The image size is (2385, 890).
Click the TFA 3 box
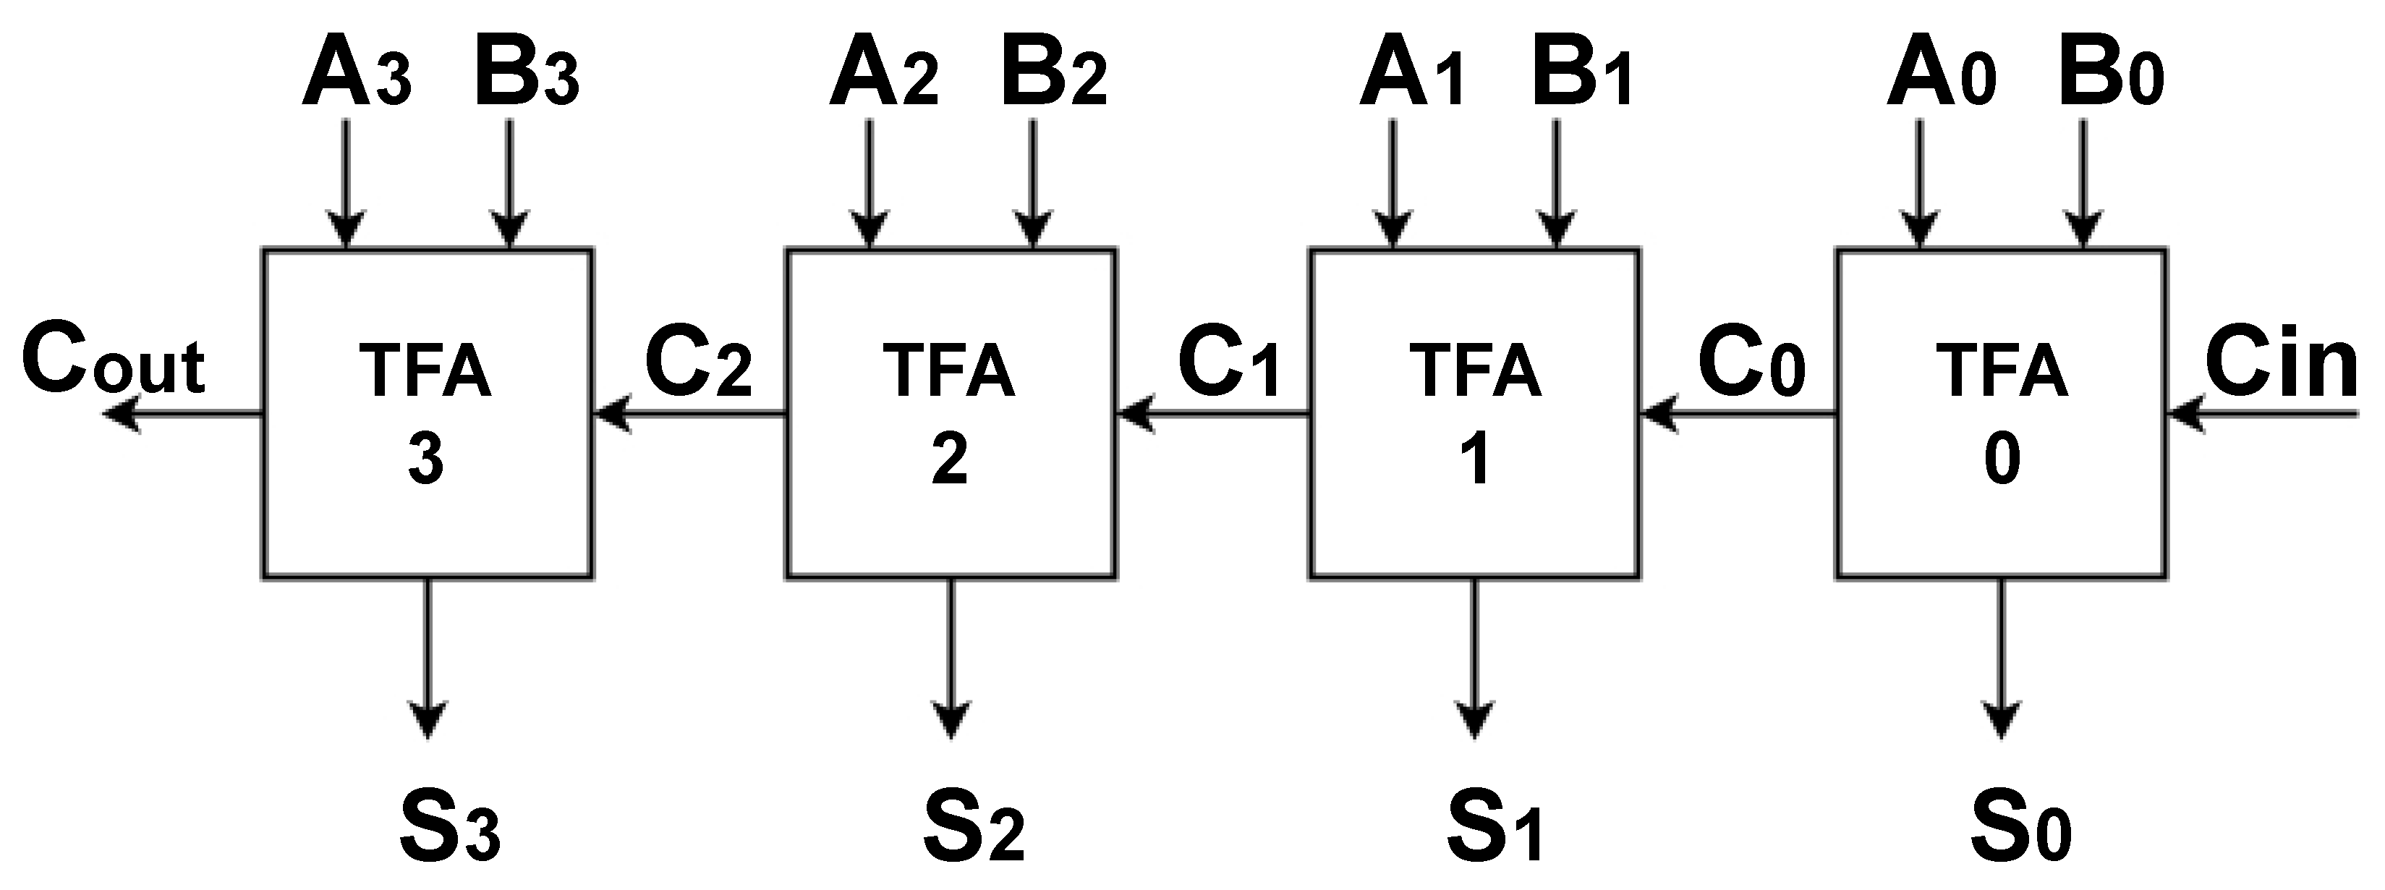[x=427, y=413]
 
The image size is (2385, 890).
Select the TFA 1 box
[x=1474, y=413]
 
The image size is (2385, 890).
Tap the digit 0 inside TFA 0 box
[x=2002, y=460]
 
